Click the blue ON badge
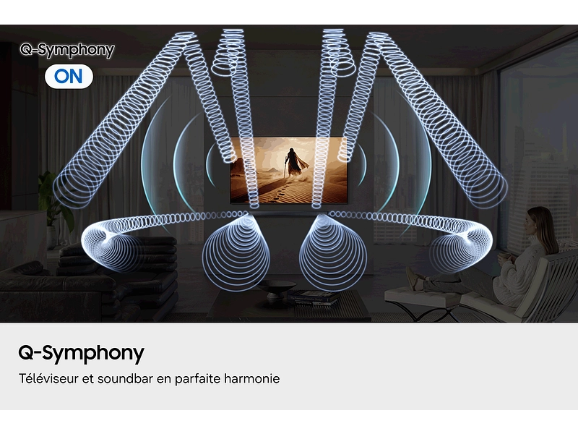tap(69, 76)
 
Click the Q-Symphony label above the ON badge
tap(67, 50)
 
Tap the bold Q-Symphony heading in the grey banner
tap(81, 353)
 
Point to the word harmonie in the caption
tap(251, 378)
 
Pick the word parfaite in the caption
tap(198, 378)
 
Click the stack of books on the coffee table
tap(312, 295)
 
